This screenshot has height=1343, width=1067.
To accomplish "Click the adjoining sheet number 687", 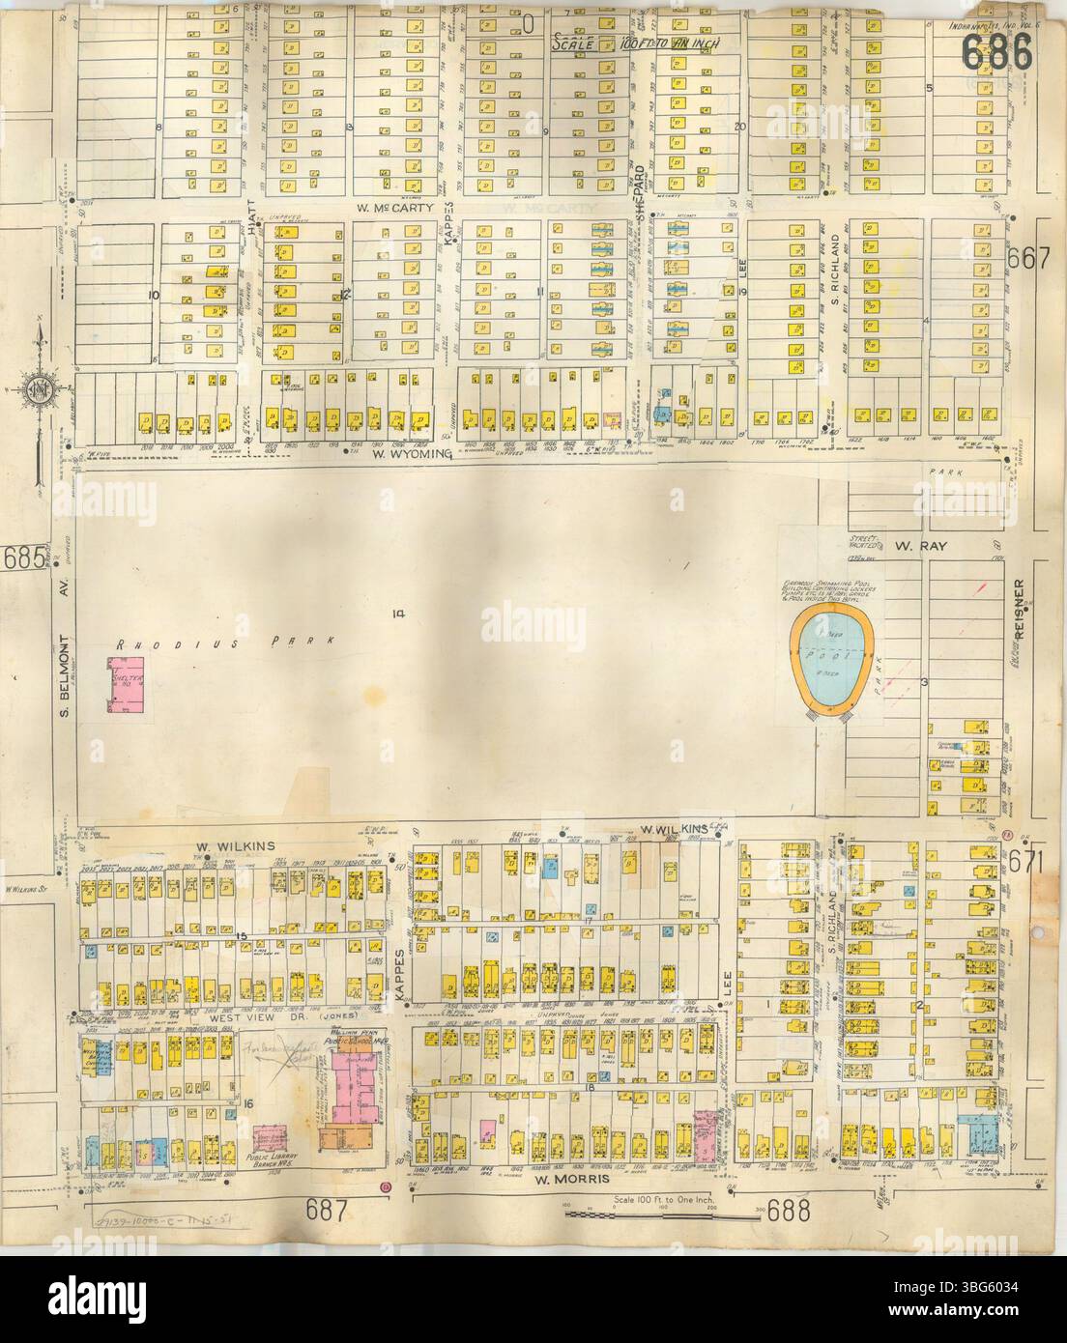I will (327, 1203).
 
